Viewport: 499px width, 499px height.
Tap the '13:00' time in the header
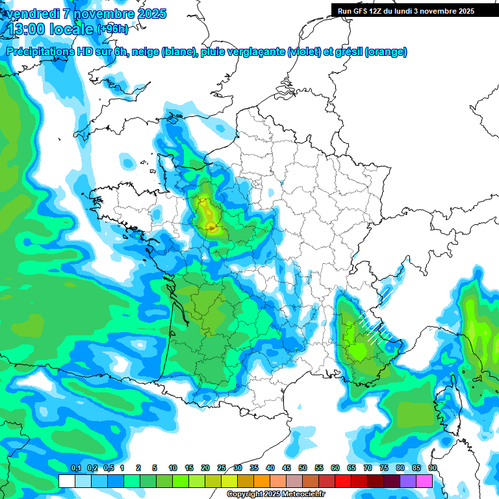[27, 29]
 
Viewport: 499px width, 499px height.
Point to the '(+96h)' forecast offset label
[112, 29]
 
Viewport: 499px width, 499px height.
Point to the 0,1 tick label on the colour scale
[75, 468]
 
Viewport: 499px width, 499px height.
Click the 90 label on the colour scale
[433, 468]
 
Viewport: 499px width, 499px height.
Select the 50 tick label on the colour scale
[303, 468]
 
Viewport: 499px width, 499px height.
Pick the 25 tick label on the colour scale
[222, 468]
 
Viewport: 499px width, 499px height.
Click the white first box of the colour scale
[66, 481]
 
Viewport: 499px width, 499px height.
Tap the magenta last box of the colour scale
[424, 481]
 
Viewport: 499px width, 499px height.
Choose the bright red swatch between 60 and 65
[343, 481]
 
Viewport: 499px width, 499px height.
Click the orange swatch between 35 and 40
[262, 481]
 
